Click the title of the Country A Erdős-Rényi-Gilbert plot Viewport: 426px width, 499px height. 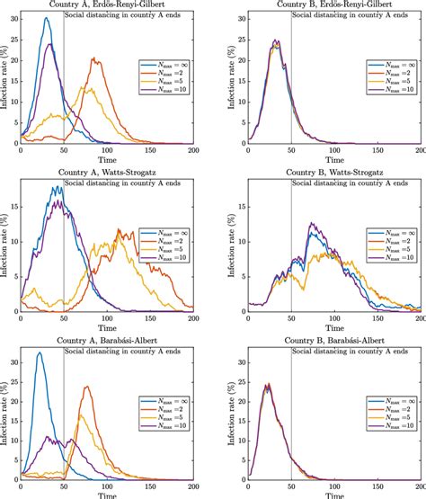coord(108,6)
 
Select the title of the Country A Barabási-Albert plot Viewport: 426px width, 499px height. coord(108,336)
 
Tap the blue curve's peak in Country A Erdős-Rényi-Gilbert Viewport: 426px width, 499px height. coord(47,18)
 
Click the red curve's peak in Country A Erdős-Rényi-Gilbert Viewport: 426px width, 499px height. coord(94,58)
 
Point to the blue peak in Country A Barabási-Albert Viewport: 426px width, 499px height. coord(39,352)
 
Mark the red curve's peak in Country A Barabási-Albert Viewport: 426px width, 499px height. coord(87,387)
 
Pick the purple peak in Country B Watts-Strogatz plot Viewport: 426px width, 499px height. coord(311,223)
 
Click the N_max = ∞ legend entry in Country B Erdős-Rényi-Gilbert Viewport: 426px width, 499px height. coord(393,66)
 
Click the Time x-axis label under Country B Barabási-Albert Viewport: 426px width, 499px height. coord(336,494)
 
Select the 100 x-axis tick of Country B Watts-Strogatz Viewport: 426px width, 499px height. coord(337,319)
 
